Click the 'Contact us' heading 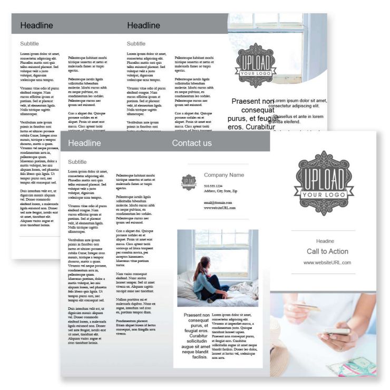(x=192, y=143)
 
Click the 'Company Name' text (x=224, y=175)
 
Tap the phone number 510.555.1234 (x=213, y=186)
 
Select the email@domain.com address (x=218, y=202)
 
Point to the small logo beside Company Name (x=189, y=181)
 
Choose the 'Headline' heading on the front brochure (x=84, y=143)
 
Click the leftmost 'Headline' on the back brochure (x=36, y=25)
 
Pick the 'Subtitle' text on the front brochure (x=77, y=162)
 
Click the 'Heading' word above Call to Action (x=325, y=241)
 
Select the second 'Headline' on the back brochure (x=143, y=25)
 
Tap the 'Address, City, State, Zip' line (x=220, y=191)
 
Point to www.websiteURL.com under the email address (x=220, y=208)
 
